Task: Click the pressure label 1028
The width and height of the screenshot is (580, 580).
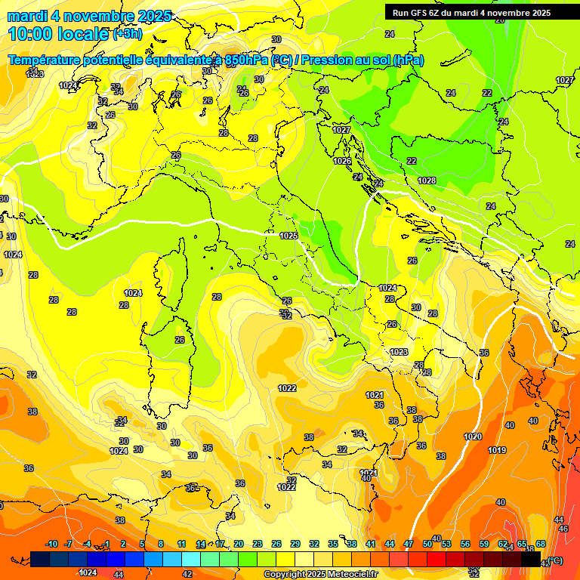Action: pos(427,180)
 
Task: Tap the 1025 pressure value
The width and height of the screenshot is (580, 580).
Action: pos(288,236)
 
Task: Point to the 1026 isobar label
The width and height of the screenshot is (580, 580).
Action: pos(342,161)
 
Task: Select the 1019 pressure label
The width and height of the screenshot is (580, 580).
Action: pos(497,450)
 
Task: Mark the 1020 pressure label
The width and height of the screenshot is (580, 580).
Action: pos(473,437)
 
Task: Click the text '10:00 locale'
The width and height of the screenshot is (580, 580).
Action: pos(58,33)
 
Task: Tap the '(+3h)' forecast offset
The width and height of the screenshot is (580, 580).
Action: pos(127,34)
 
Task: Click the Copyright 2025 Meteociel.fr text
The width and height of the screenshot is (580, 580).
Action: pos(320,574)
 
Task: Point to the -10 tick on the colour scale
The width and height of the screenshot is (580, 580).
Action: pos(51,544)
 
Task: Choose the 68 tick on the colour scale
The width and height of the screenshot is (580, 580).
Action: pos(541,544)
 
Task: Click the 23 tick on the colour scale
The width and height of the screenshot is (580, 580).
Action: pos(258,544)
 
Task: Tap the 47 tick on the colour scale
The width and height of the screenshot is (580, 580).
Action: pos(409,544)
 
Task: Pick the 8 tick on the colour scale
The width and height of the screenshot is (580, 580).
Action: pos(161,544)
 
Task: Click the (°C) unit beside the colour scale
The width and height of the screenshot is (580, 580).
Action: pos(555,560)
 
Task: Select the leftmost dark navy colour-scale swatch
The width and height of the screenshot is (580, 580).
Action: pos(40,559)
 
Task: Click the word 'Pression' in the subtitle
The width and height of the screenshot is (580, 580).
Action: pos(332,60)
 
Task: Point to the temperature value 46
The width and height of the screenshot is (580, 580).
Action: pos(563,529)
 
